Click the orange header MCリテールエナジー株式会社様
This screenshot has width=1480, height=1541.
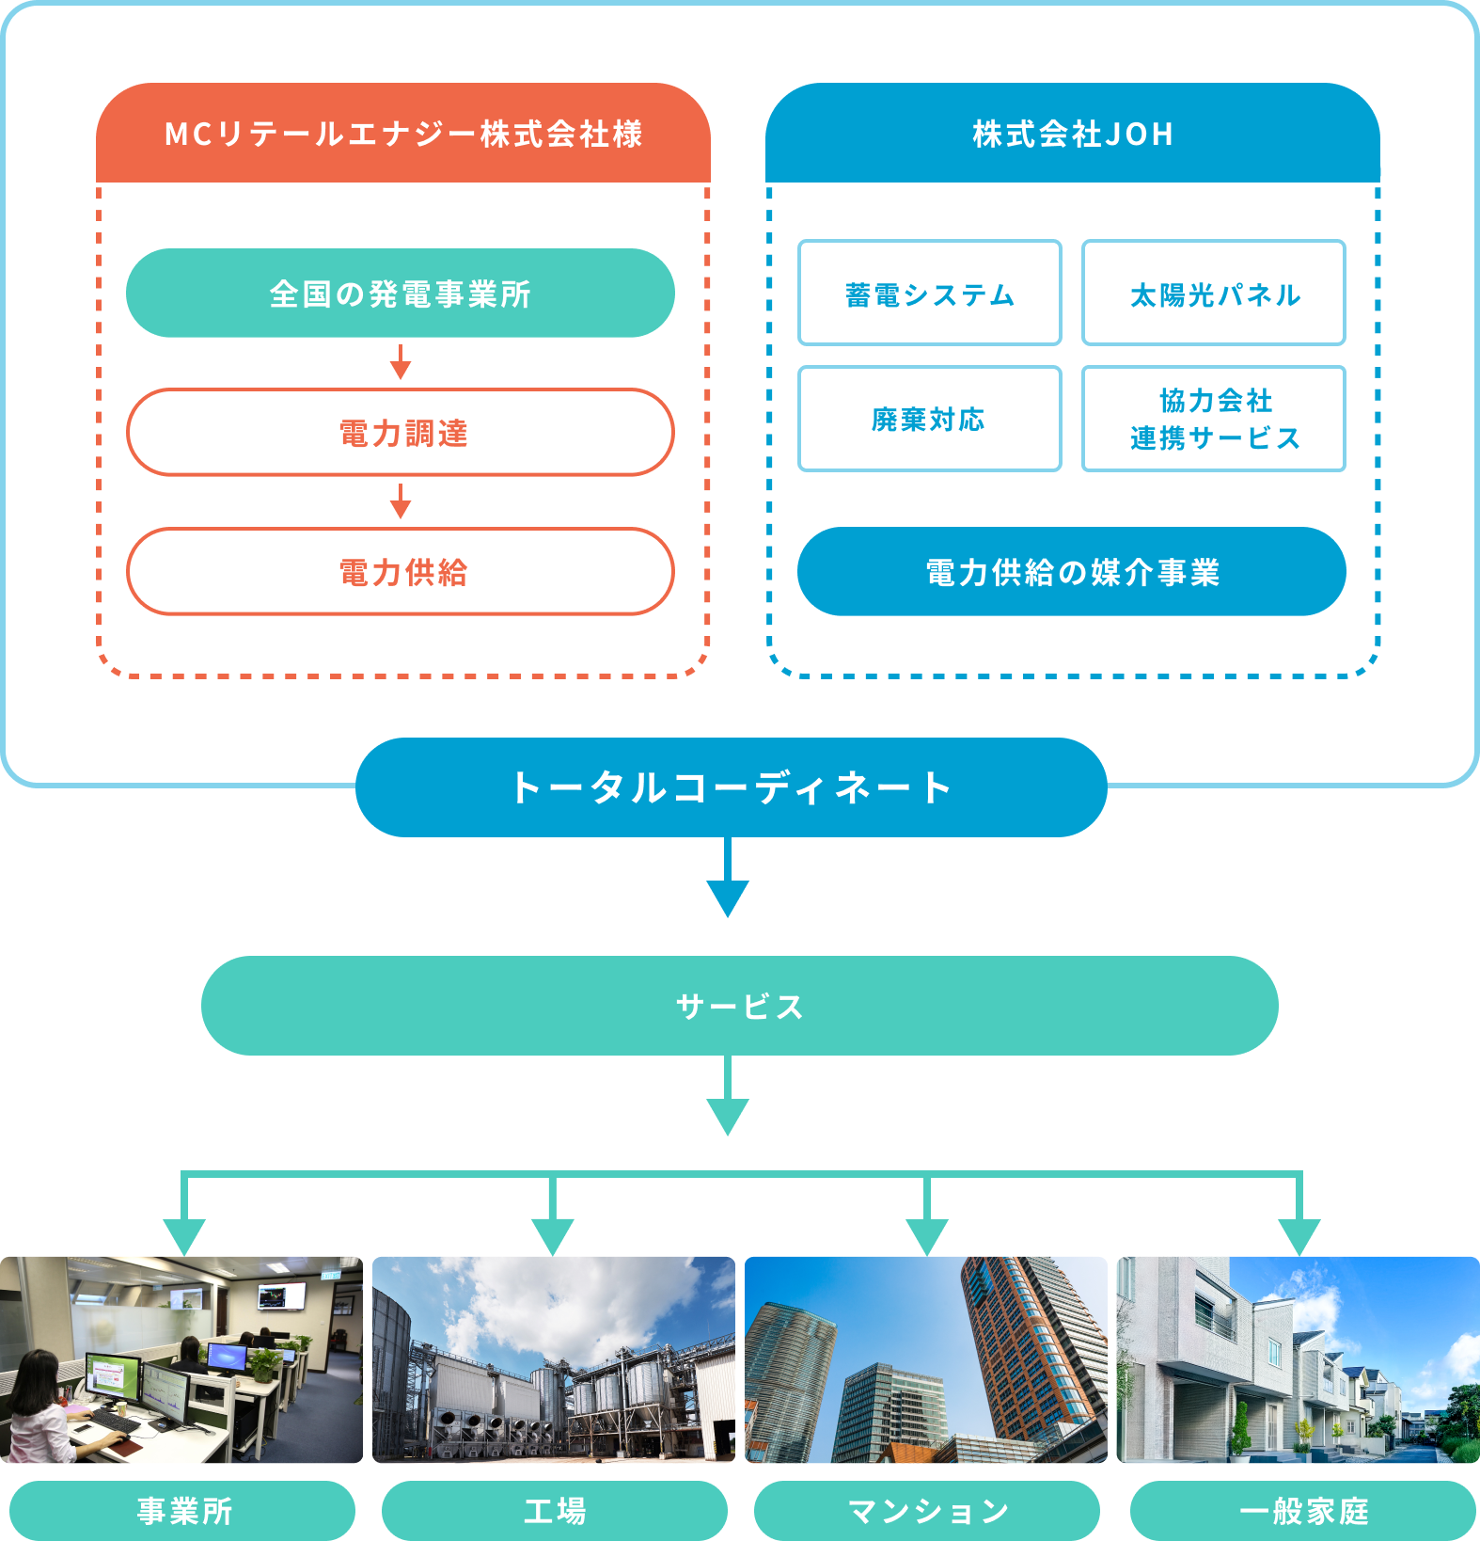pyautogui.click(x=402, y=134)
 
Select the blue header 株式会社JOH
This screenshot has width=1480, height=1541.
pyautogui.click(x=1072, y=134)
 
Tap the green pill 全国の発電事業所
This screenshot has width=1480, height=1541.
pyautogui.click(x=401, y=294)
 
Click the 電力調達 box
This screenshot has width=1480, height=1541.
pyautogui.click(x=401, y=433)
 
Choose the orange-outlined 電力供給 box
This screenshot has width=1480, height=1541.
pyautogui.click(x=401, y=572)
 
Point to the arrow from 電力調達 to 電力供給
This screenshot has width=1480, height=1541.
pyautogui.click(x=401, y=501)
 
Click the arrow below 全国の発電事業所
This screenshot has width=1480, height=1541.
pyautogui.click(x=401, y=362)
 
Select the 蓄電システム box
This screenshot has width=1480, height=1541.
pyautogui.click(x=929, y=294)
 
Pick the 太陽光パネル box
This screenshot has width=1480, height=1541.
pyautogui.click(x=1213, y=294)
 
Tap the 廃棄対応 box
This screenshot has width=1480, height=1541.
pyautogui.click(x=929, y=419)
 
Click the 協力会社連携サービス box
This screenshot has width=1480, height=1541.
pyautogui.click(x=1213, y=419)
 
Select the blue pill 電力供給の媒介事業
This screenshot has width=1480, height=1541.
pyautogui.click(x=1071, y=572)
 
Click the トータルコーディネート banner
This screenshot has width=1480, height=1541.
pyautogui.click(x=731, y=787)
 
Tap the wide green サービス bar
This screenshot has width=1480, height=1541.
pyautogui.click(x=739, y=1006)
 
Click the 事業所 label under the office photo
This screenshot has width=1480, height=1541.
pyautogui.click(x=183, y=1511)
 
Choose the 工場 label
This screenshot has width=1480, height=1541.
pyautogui.click(x=555, y=1511)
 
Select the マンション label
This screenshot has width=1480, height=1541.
pyautogui.click(x=927, y=1511)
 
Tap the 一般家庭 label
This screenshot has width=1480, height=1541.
pyautogui.click(x=1303, y=1511)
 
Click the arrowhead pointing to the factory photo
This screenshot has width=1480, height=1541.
pyautogui.click(x=553, y=1234)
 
